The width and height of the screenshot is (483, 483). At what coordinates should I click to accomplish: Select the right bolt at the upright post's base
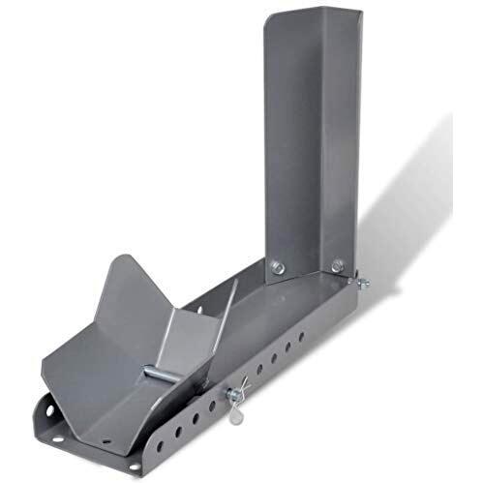tap(338, 264)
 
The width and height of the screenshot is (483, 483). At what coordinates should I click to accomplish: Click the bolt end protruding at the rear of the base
tap(363, 284)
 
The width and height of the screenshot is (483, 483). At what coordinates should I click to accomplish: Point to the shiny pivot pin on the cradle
tap(155, 374)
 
